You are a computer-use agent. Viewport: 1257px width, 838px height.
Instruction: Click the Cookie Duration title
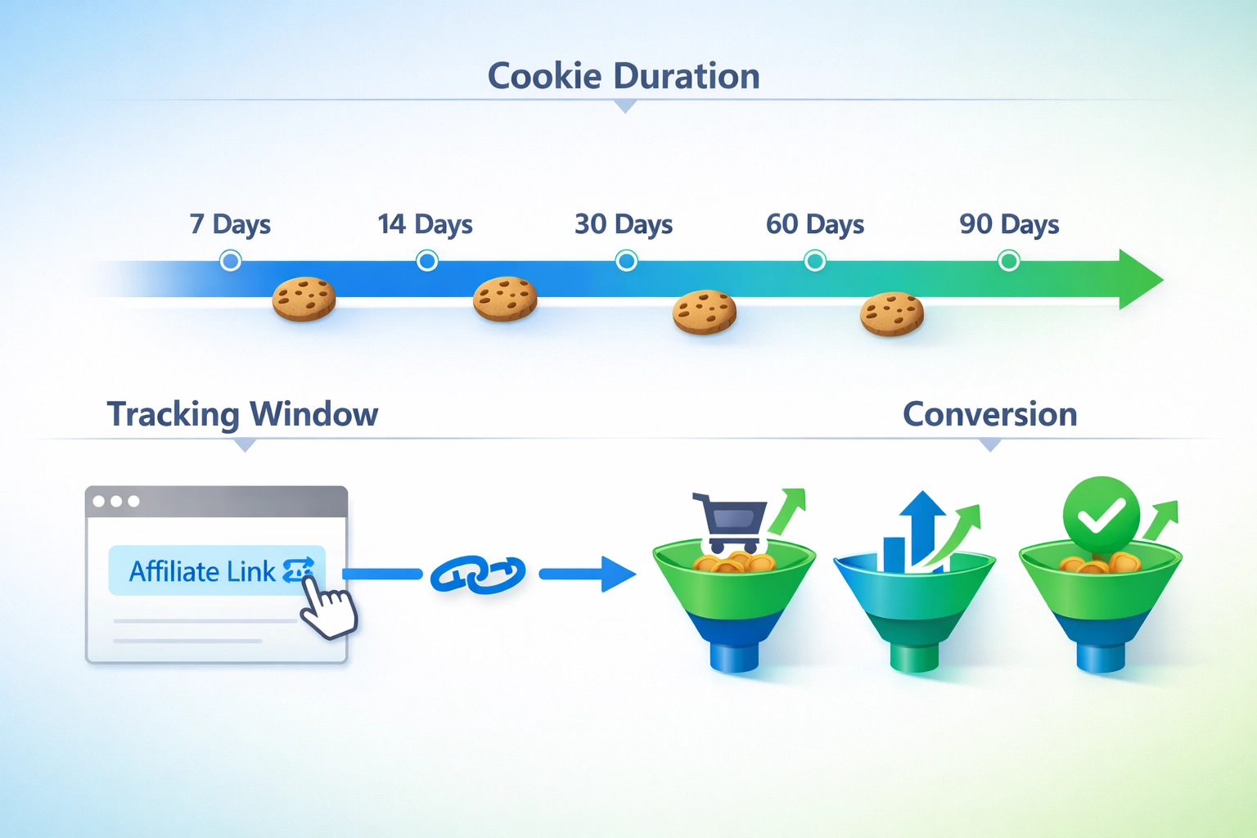(x=624, y=76)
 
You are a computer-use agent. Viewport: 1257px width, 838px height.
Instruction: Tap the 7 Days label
(x=230, y=224)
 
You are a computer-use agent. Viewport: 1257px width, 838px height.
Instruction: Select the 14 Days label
(x=425, y=224)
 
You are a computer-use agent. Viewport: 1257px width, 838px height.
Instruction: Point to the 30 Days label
(x=624, y=224)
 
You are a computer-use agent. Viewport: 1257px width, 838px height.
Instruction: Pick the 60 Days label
(x=815, y=224)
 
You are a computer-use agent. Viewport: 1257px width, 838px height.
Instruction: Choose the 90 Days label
(x=1009, y=224)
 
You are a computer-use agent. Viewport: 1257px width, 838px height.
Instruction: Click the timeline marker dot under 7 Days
(x=231, y=261)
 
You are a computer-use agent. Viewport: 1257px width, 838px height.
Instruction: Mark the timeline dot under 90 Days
(x=1009, y=261)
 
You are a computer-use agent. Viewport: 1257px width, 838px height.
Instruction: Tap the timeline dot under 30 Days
(x=626, y=261)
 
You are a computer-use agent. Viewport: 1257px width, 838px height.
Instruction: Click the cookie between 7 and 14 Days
(x=304, y=299)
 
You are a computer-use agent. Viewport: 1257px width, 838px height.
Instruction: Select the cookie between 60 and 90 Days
(x=892, y=313)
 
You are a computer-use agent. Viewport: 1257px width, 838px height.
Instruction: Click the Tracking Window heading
(x=242, y=414)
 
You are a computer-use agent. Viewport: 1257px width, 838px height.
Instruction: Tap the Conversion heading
(x=989, y=414)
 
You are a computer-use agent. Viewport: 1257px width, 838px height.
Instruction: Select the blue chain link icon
(x=479, y=574)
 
